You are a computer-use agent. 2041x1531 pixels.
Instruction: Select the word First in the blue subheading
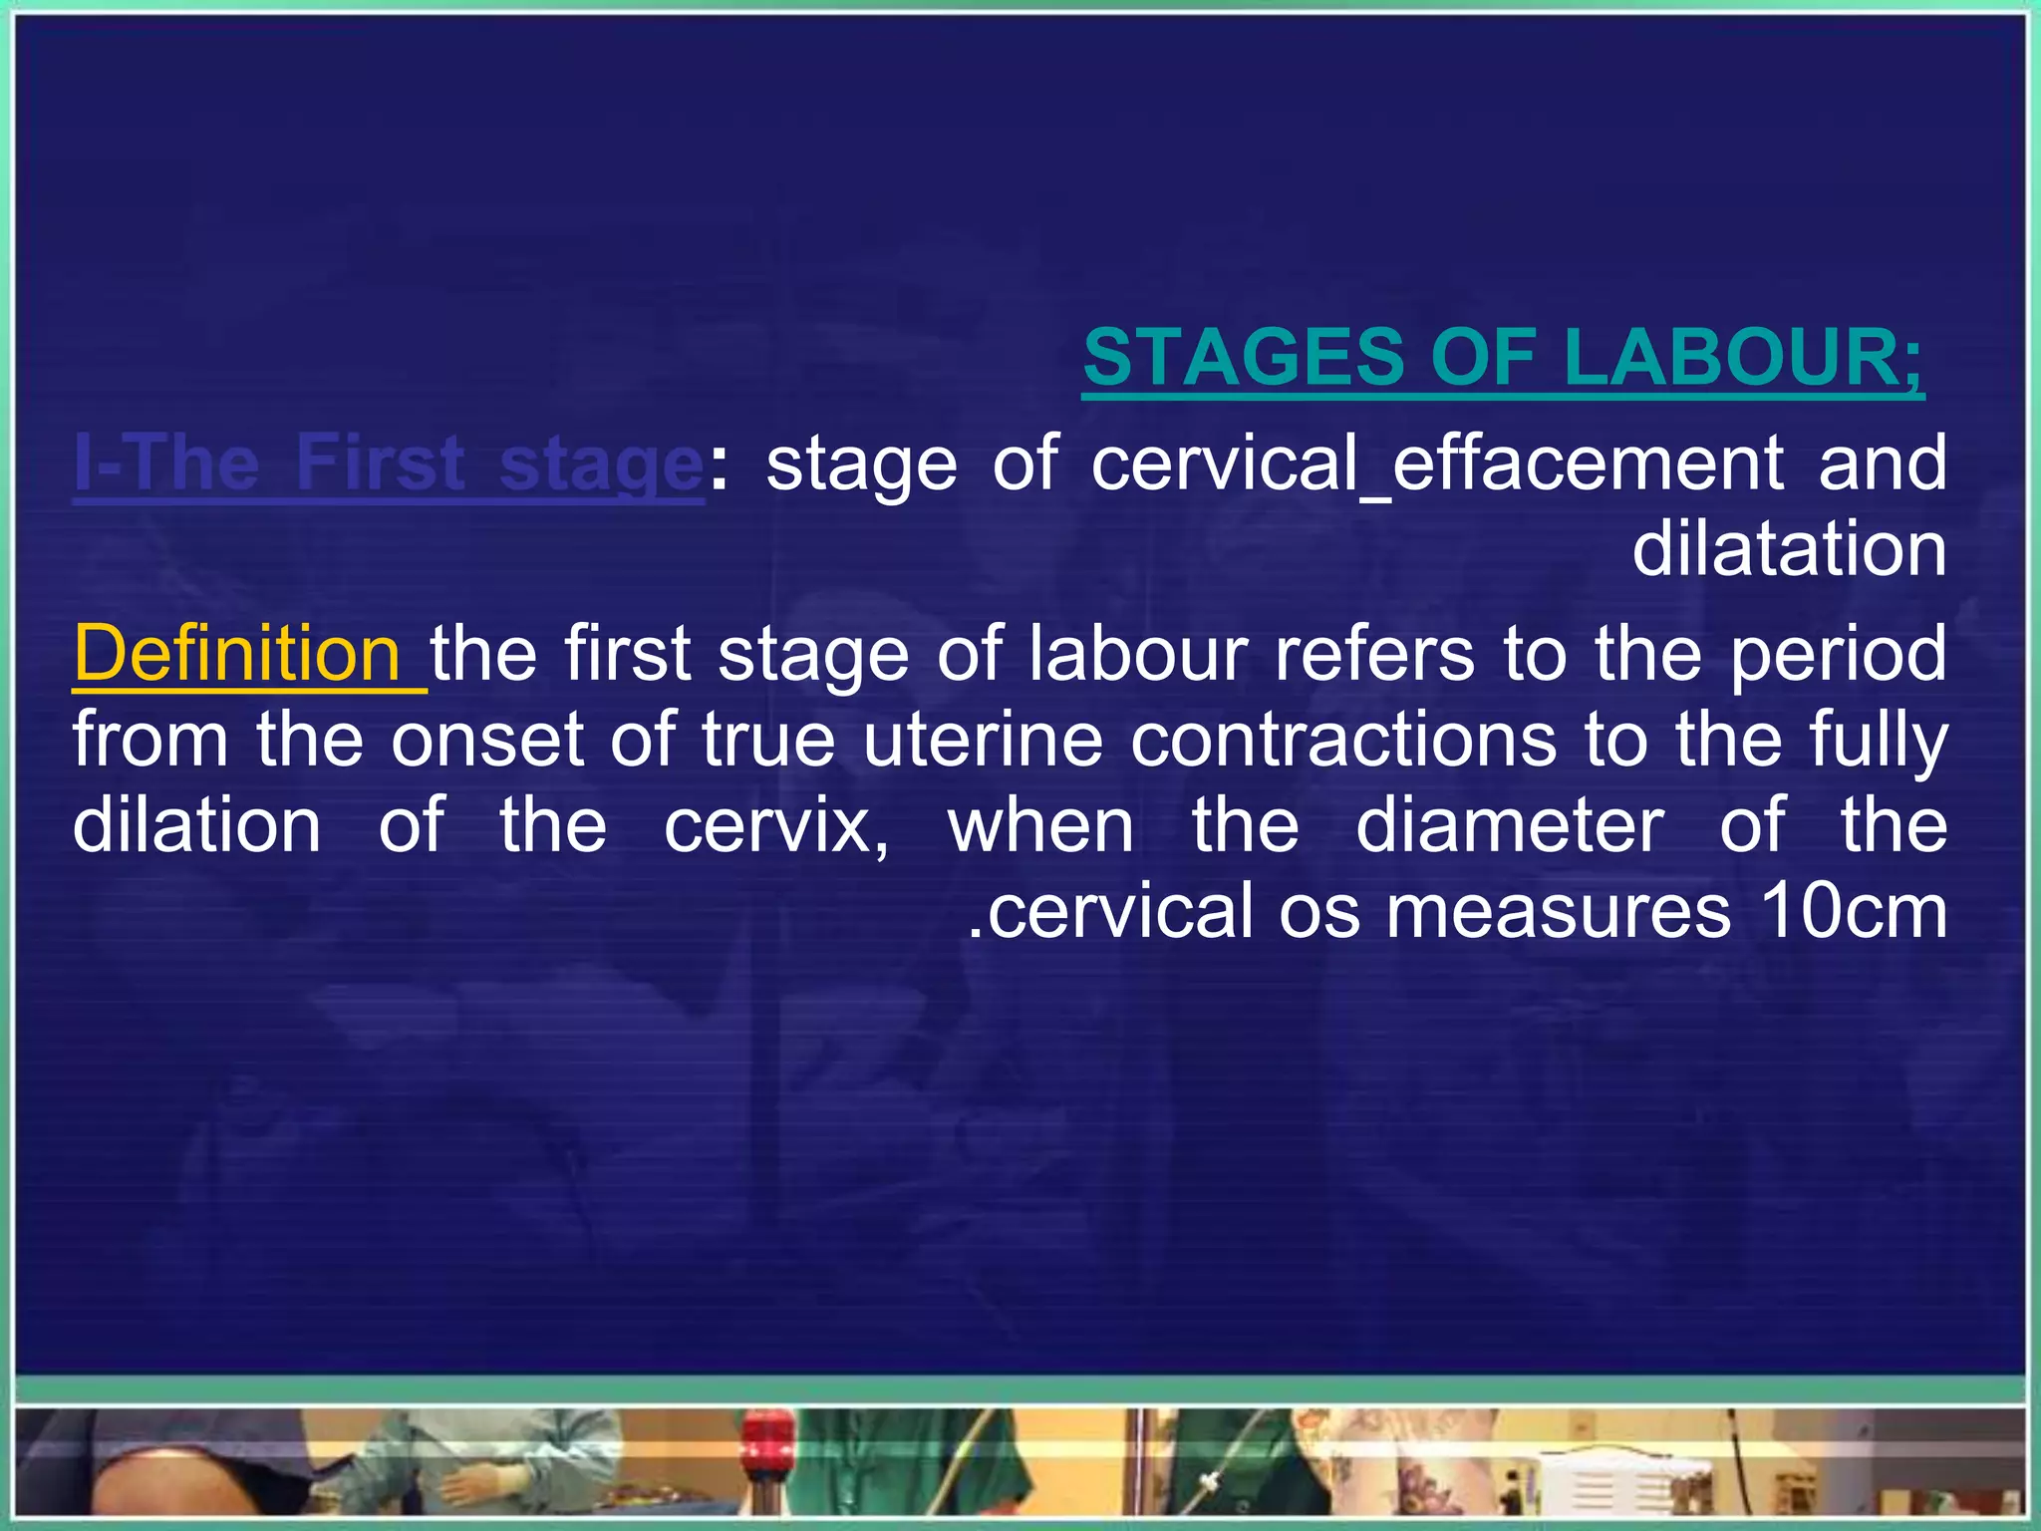coord(380,463)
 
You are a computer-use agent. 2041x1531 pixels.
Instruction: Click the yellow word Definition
coord(237,654)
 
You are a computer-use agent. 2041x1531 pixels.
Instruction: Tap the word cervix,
coord(776,826)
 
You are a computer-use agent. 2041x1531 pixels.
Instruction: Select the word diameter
coord(1509,826)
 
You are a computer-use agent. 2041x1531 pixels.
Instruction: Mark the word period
coord(1839,654)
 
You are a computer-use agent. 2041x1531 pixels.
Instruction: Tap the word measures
coord(1559,911)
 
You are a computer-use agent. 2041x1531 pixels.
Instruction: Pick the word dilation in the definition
coord(196,826)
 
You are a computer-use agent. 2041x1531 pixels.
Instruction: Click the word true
coord(767,740)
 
